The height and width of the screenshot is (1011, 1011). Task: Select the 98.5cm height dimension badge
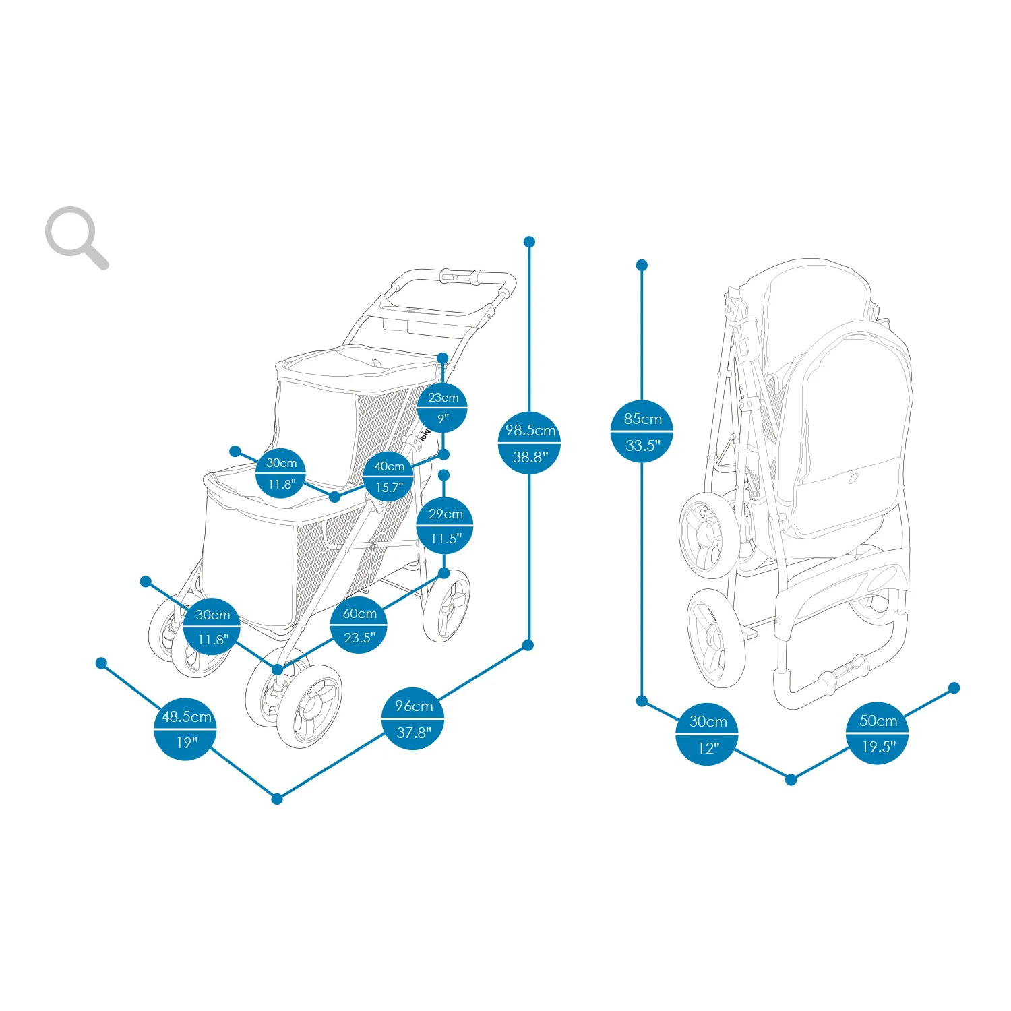click(x=530, y=443)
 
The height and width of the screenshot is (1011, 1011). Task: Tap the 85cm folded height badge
click(x=642, y=431)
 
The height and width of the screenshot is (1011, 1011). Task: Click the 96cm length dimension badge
click(x=412, y=718)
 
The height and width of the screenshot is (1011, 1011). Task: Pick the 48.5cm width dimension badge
click(x=185, y=729)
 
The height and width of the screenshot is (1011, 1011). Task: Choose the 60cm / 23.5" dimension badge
click(x=359, y=625)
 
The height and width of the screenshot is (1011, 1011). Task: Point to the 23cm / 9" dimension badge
click(x=442, y=407)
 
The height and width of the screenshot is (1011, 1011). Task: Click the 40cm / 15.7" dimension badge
click(x=389, y=476)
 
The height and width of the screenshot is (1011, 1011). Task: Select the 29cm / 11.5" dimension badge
click(x=445, y=526)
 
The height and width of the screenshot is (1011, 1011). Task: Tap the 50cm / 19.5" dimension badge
click(x=878, y=733)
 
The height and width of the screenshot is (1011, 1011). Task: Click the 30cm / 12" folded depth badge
click(x=707, y=734)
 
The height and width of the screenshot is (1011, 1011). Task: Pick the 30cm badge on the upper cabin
click(x=280, y=473)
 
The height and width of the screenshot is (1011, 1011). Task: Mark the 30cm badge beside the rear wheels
click(x=212, y=626)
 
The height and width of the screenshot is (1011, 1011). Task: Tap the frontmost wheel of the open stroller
click(x=310, y=706)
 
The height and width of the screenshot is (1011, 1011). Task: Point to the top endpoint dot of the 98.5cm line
click(x=529, y=241)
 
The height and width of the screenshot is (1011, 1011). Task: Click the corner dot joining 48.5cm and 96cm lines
click(x=277, y=799)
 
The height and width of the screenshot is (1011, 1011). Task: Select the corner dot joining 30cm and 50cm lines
click(x=791, y=780)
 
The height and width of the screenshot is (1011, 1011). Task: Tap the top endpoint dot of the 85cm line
click(x=642, y=265)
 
